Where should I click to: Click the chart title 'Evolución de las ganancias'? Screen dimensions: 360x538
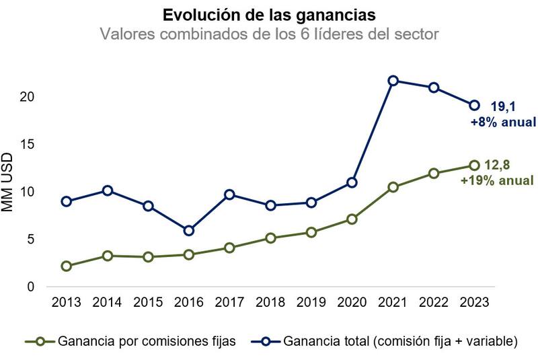268,14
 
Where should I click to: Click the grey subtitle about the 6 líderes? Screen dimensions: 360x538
268,34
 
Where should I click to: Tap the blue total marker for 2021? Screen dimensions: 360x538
393,81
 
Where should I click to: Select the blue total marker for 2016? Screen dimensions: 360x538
189,231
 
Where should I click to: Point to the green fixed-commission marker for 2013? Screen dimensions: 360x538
66,266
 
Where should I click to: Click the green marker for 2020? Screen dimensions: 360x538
352,219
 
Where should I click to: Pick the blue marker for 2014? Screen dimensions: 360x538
107,190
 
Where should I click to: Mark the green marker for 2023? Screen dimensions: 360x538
475,166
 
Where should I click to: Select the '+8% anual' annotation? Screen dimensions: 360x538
502,122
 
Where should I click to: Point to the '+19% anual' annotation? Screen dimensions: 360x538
497,180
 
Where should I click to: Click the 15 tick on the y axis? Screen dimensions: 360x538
28,145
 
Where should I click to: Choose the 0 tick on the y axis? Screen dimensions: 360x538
30,287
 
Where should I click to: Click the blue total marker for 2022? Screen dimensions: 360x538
434,87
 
